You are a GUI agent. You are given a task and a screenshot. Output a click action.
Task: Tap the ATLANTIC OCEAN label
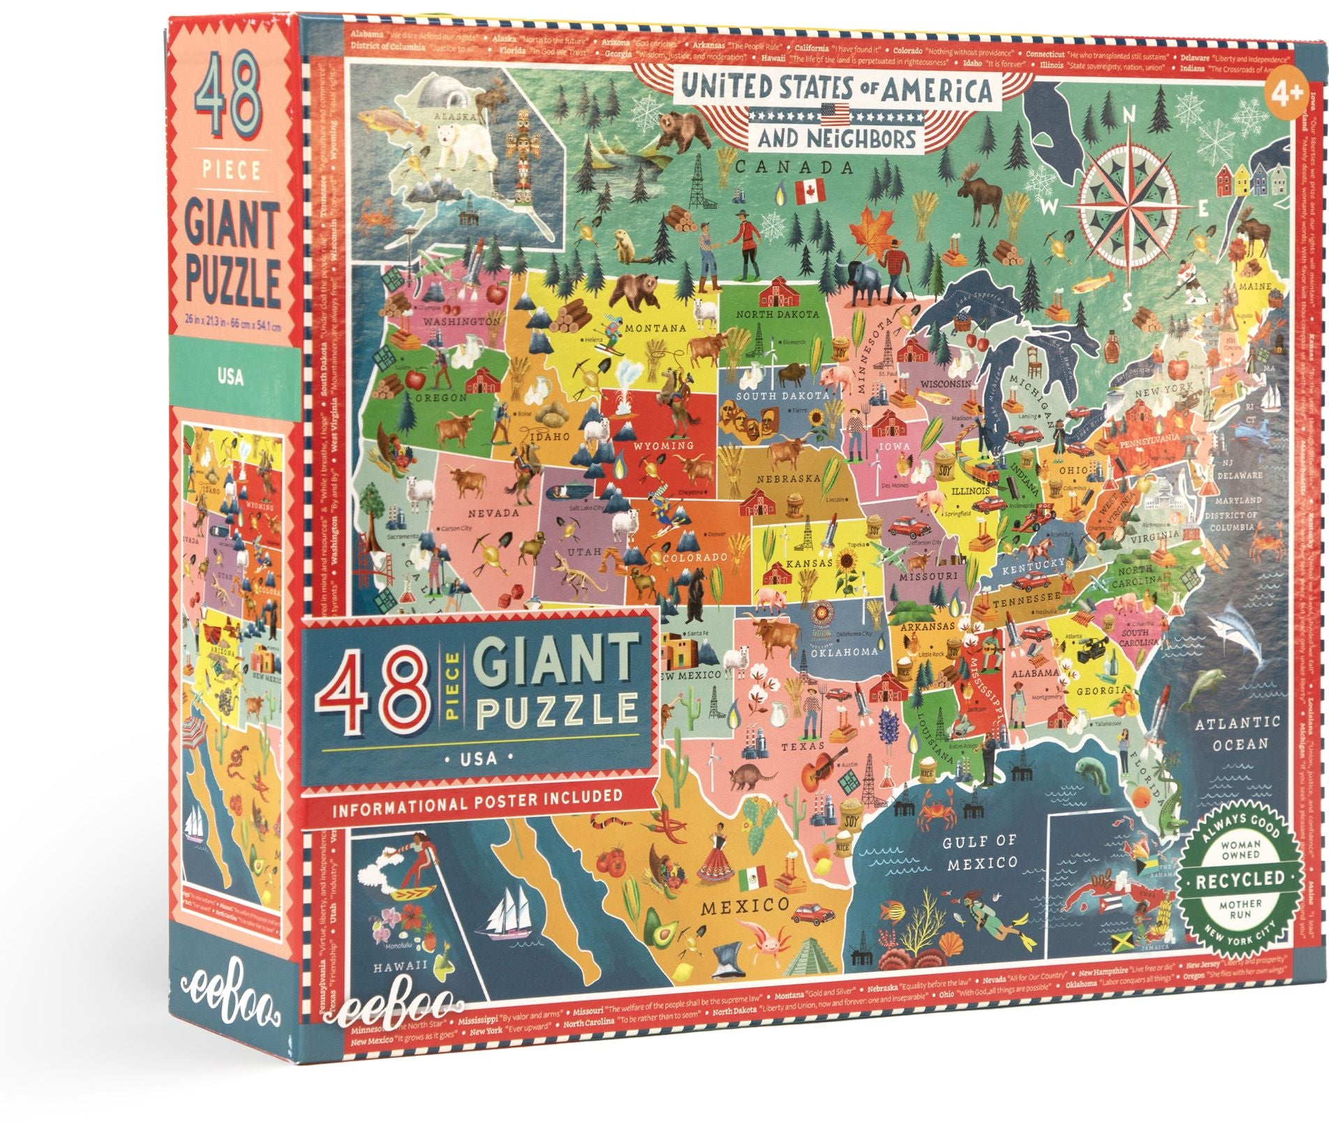point(1236,733)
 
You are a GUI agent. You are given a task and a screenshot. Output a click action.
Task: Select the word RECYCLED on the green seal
point(1240,878)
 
